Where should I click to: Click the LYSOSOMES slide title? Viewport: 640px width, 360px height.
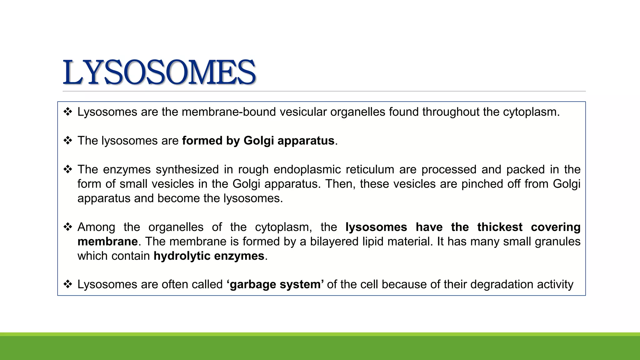point(159,72)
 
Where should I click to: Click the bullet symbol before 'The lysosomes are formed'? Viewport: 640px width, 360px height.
point(68,141)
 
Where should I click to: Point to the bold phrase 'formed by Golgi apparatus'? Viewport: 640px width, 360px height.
point(258,141)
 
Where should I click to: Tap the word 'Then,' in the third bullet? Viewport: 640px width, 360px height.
point(340,184)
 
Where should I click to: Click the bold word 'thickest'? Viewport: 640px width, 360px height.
point(500,227)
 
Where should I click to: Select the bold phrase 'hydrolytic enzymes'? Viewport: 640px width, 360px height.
point(209,256)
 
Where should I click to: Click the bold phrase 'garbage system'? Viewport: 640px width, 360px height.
point(275,284)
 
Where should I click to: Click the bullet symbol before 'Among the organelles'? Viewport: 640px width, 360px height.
point(68,227)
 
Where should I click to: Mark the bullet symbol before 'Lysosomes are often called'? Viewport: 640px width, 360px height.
point(68,284)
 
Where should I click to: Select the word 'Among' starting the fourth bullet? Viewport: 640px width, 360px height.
point(96,227)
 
